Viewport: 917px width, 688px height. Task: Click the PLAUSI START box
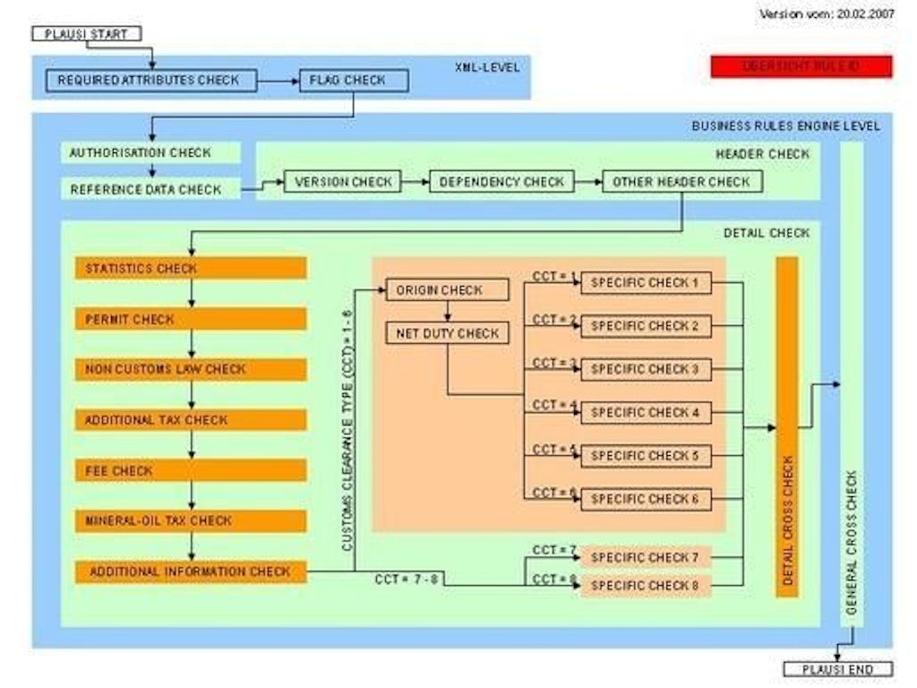[x=86, y=34]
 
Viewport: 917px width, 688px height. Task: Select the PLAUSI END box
[x=838, y=669]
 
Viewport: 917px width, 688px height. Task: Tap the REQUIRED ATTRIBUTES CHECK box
[x=149, y=81]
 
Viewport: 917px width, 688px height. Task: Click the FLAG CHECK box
[x=354, y=81]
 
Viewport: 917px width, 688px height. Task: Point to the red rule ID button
[x=801, y=66]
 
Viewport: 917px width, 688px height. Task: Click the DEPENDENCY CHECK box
[x=501, y=182]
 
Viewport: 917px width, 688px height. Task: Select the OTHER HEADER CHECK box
[x=681, y=182]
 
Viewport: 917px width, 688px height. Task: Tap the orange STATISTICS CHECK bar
[x=191, y=268]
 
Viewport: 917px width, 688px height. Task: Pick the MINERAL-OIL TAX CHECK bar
[x=191, y=520]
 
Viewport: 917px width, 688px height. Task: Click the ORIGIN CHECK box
[x=447, y=290]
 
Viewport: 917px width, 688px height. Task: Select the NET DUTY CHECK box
[x=447, y=333]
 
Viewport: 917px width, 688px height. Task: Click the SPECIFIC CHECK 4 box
[x=646, y=412]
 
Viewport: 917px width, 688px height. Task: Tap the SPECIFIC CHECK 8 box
[x=646, y=586]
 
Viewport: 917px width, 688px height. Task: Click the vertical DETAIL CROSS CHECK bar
[x=787, y=426]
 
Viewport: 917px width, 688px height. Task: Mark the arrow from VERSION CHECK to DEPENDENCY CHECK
[x=415, y=182]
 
